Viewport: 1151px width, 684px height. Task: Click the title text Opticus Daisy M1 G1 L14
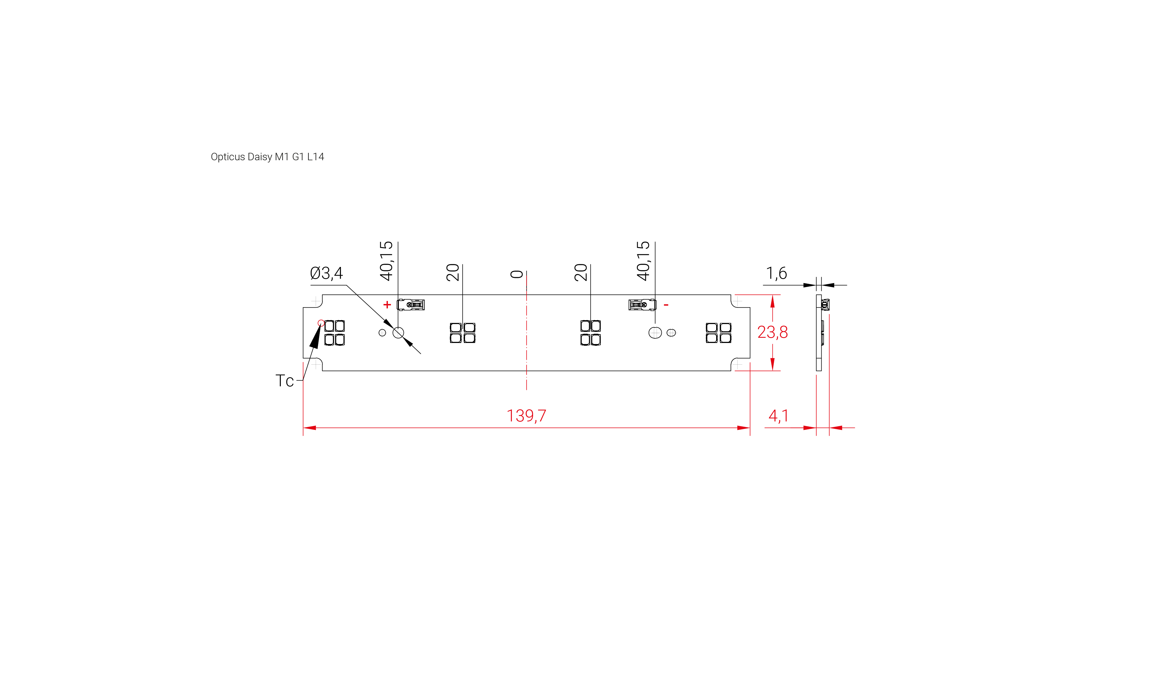267,157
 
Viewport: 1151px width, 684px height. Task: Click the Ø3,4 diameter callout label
326,273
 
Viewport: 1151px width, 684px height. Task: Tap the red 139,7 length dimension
526,416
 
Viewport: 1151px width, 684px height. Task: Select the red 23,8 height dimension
772,332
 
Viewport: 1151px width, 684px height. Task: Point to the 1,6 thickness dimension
777,273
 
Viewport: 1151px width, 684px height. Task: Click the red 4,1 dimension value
778,416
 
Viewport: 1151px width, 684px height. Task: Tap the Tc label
284,381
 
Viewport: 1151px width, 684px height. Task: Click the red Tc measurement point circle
321,323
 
